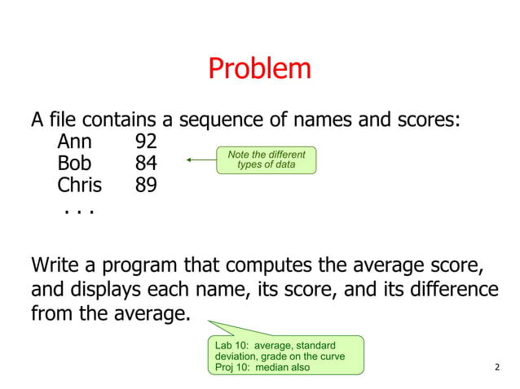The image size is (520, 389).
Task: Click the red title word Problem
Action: coord(259,68)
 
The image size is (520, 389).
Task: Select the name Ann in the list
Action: coord(74,142)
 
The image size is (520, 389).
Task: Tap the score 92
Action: coord(146,142)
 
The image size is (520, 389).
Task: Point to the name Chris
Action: coord(79,185)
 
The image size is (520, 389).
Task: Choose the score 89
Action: coord(146,185)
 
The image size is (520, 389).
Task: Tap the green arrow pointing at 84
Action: coord(201,160)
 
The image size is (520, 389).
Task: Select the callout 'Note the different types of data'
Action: coord(266,160)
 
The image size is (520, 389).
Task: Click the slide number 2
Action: coord(498,367)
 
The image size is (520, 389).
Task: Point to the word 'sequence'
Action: coord(220,120)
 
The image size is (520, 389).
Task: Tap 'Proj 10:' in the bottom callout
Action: coord(233,367)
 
